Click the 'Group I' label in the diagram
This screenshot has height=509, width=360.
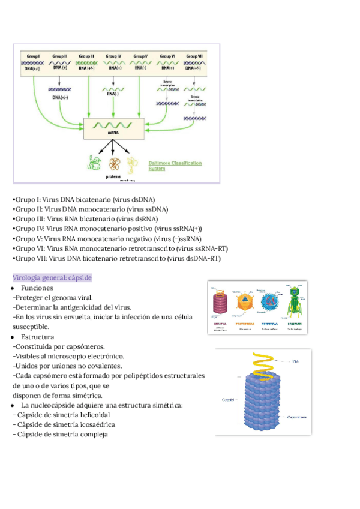32,56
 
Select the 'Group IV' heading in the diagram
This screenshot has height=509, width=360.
113,56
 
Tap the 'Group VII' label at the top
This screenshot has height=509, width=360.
195,56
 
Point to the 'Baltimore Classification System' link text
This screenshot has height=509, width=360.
175,166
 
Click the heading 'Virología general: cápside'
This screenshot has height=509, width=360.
52,278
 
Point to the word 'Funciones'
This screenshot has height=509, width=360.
37,288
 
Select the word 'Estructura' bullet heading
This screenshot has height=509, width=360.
37,337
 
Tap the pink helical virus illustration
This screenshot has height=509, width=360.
220,303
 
